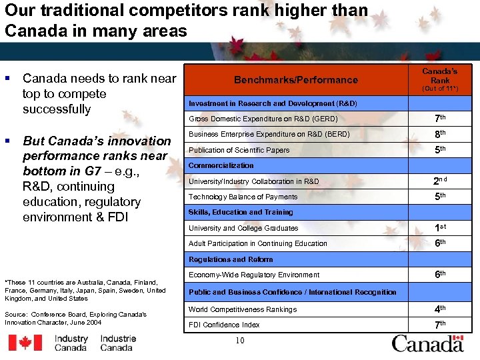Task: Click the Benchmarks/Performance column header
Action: [295, 80]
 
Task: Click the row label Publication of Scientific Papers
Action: [239, 150]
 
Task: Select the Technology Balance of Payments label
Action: [243, 197]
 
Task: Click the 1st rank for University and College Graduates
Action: [440, 228]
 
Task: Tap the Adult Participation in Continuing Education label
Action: [258, 243]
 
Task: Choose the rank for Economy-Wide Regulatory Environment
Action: [440, 274]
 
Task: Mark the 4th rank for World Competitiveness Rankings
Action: [440, 309]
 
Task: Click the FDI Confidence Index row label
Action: [224, 325]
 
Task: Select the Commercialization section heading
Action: [221, 165]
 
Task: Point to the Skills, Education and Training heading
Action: [241, 212]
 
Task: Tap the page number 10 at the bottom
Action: [240, 341]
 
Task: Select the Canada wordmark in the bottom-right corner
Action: [427, 343]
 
